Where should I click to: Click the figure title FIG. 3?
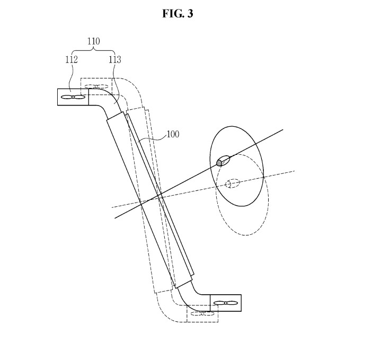click(178, 14)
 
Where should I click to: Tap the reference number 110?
click(93, 41)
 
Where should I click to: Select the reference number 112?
click(71, 59)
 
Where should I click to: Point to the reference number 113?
click(114, 59)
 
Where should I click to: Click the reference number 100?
click(173, 134)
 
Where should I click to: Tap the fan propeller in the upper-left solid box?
click(73, 97)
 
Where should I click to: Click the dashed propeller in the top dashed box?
click(96, 86)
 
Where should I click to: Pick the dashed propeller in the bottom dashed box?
click(202, 313)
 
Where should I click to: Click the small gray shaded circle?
click(219, 163)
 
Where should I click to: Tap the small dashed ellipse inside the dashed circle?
click(232, 183)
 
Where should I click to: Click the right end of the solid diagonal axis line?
click(282, 129)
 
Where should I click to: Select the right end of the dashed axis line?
click(295, 171)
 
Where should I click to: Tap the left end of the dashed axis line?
click(112, 207)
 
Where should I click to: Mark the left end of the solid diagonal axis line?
click(115, 217)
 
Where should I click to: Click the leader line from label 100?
click(152, 139)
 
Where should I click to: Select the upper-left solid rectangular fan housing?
click(73, 97)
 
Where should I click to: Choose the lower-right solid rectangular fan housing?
click(226, 303)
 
